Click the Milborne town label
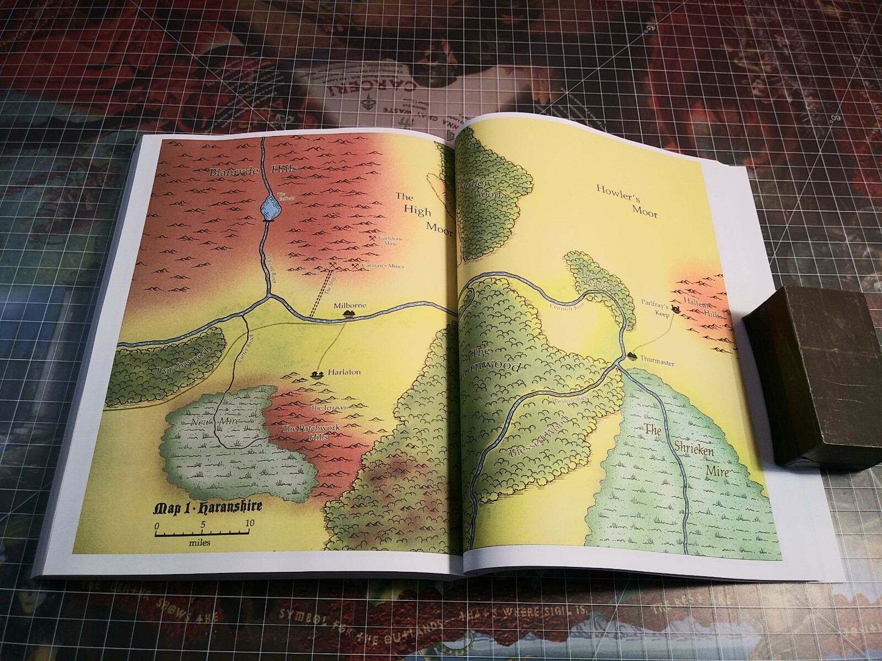(x=349, y=304)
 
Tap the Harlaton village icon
(x=316, y=375)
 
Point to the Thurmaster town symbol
(x=630, y=355)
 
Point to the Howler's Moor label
(x=627, y=201)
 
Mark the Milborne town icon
(x=348, y=313)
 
